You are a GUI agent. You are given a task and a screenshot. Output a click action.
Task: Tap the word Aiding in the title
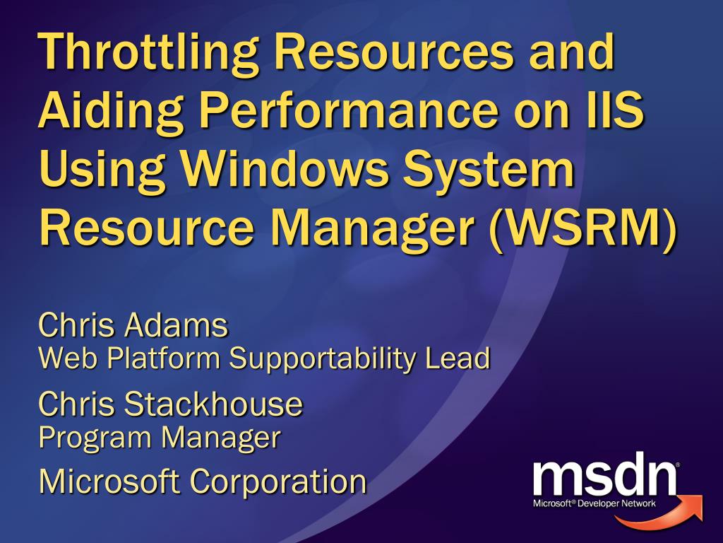point(111,114)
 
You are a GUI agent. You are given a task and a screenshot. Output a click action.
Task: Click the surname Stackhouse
point(213,404)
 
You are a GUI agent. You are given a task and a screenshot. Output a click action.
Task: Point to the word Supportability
point(322,360)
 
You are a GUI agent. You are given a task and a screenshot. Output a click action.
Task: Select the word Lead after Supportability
point(458,358)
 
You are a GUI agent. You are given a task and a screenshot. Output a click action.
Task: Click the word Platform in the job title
point(164,358)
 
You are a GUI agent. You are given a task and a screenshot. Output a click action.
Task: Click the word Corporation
point(278,482)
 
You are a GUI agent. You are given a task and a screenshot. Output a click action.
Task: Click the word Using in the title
point(102,171)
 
